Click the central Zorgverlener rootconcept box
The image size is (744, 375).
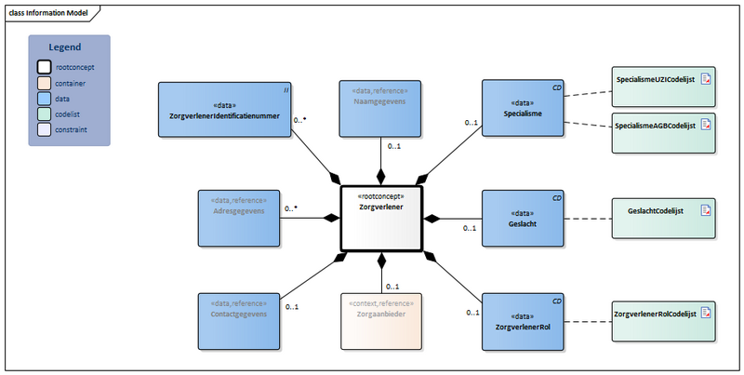click(381, 219)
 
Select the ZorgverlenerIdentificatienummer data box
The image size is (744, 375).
click(225, 111)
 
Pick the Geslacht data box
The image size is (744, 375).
click(522, 218)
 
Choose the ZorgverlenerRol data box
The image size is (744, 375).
click(522, 322)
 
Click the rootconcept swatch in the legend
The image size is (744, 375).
click(44, 67)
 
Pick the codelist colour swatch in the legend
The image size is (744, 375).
click(44, 114)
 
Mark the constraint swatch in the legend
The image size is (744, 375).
click(44, 130)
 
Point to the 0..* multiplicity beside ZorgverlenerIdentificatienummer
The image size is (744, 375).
click(301, 120)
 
